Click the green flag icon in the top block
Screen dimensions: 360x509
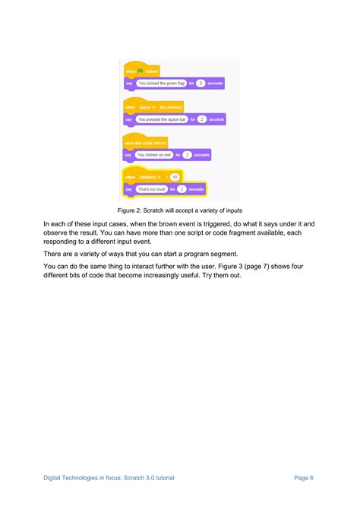click(140, 71)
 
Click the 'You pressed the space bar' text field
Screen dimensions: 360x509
click(162, 119)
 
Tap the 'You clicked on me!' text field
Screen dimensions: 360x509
click(154, 154)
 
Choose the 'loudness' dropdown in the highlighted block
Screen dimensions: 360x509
click(149, 176)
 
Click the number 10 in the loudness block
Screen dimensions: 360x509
click(174, 176)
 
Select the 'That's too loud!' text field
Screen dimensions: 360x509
click(151, 188)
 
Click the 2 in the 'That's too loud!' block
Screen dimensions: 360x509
click(182, 188)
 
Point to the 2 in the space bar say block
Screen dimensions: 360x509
click(201, 119)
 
